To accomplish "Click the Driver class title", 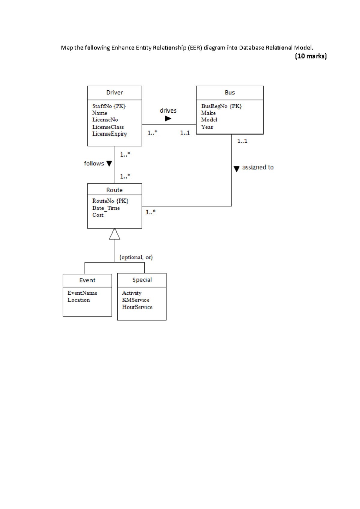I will point(115,93).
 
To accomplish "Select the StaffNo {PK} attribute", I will point(109,106).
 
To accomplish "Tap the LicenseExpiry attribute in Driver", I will point(109,134).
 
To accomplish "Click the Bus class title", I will point(230,93).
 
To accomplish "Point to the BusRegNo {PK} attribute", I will point(221,106).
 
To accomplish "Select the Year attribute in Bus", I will point(207,127).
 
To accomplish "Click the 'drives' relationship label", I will point(168,111).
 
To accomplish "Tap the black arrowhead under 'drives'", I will point(168,119).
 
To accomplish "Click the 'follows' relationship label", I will point(94,163).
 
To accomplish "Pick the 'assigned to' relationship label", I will point(258,167).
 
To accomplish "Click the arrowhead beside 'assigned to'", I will point(236,169).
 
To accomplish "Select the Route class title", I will point(115,190).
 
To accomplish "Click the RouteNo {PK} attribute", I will point(110,201).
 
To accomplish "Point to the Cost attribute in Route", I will point(98,215).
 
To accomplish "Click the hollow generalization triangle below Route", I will point(115,235).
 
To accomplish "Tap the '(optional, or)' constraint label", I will point(136,257).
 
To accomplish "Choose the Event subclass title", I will point(87,280).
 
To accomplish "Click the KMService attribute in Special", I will point(136,300).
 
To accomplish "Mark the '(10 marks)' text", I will point(311,56).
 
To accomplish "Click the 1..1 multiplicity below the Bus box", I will point(242,141).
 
